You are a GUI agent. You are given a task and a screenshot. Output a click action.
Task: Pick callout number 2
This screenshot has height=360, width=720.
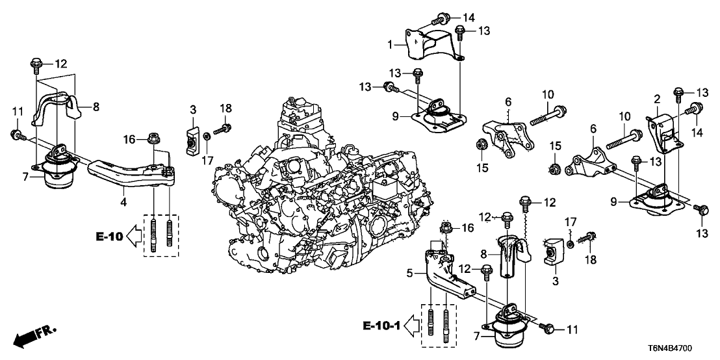(x=657, y=99)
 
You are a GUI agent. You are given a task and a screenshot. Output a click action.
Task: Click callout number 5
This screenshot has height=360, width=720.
(x=409, y=274)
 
